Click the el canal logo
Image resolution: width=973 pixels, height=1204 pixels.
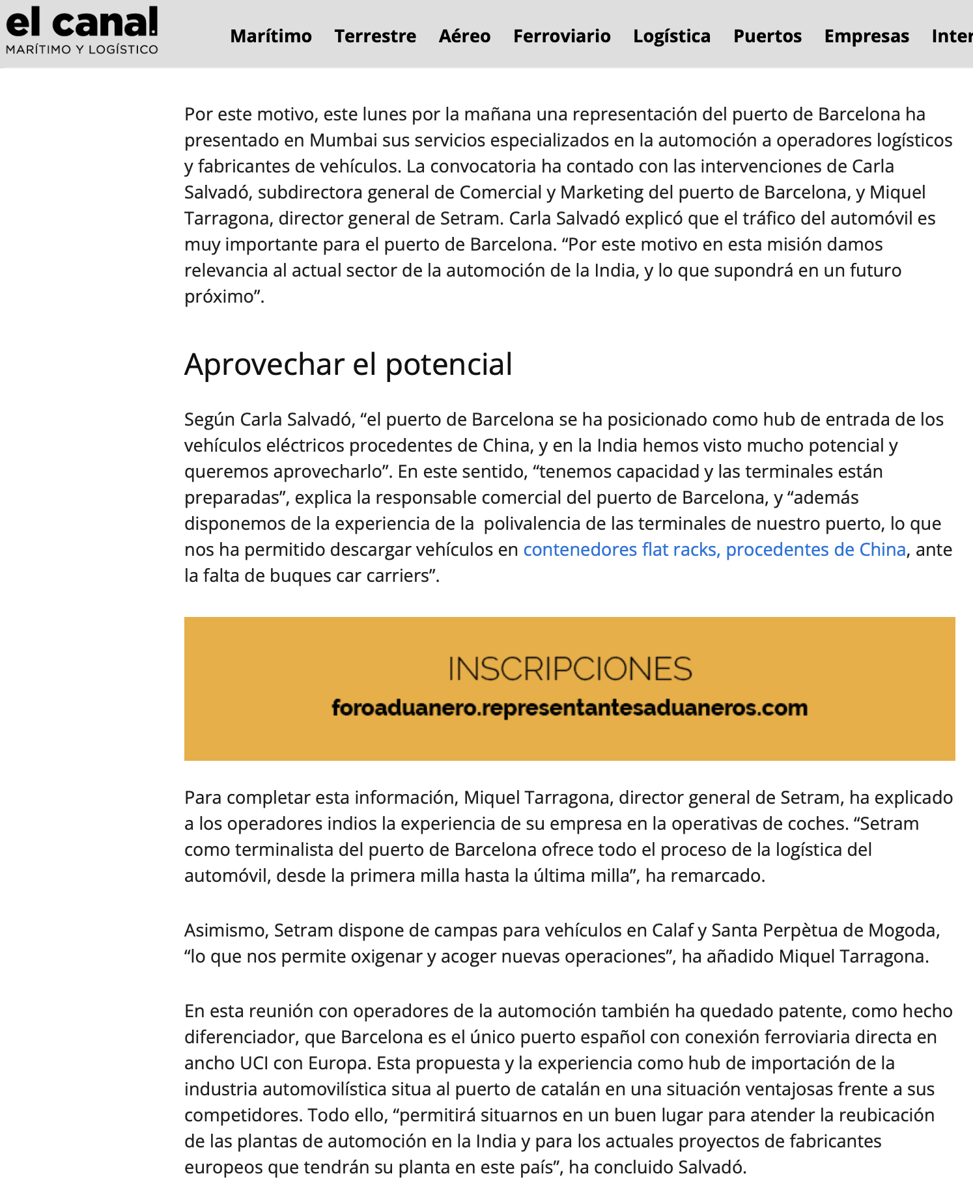pos(82,23)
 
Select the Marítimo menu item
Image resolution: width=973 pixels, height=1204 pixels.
pos(271,36)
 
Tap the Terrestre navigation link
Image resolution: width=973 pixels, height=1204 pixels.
pos(375,36)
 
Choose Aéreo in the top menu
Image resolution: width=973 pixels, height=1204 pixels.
pos(464,36)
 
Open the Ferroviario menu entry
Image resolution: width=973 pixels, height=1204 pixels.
pos(561,36)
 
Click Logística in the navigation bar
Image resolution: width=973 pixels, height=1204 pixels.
pos(671,36)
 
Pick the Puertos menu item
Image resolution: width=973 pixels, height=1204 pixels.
pos(767,36)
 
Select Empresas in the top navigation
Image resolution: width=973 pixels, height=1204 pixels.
pos(866,36)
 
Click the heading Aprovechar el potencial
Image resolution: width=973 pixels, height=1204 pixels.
pos(348,364)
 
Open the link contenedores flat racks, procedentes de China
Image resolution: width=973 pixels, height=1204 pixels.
pos(714,550)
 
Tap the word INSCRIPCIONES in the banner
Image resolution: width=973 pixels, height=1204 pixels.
pos(570,669)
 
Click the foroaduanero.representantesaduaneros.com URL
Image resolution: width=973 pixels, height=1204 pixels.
pos(570,708)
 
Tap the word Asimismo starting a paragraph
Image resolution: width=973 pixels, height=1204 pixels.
pos(226,931)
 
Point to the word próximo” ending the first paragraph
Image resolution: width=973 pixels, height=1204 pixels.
pos(224,297)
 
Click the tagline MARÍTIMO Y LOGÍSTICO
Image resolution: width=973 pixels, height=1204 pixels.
pos(82,49)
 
